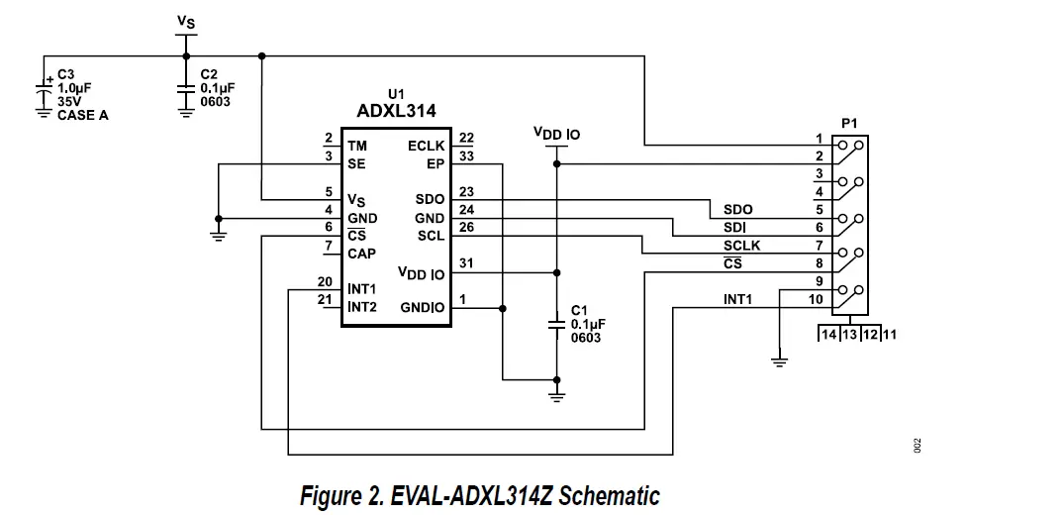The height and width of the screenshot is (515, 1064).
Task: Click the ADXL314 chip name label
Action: click(396, 111)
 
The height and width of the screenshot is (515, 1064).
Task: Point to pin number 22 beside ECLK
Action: click(466, 138)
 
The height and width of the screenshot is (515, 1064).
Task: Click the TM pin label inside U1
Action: click(357, 146)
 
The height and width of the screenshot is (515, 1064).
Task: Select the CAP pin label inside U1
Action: click(361, 254)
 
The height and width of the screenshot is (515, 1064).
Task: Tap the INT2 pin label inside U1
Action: click(362, 307)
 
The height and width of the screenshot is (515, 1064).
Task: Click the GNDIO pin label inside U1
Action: click(423, 308)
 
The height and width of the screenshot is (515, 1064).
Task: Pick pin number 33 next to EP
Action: click(466, 156)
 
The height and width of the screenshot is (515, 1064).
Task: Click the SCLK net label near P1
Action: click(742, 245)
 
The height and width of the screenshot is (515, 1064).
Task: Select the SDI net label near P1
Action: click(733, 227)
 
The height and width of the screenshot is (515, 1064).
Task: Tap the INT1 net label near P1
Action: click(737, 299)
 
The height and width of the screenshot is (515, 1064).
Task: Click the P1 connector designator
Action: click(848, 123)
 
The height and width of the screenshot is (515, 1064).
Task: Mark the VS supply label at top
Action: click(185, 21)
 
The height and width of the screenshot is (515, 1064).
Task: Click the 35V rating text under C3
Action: click(69, 101)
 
